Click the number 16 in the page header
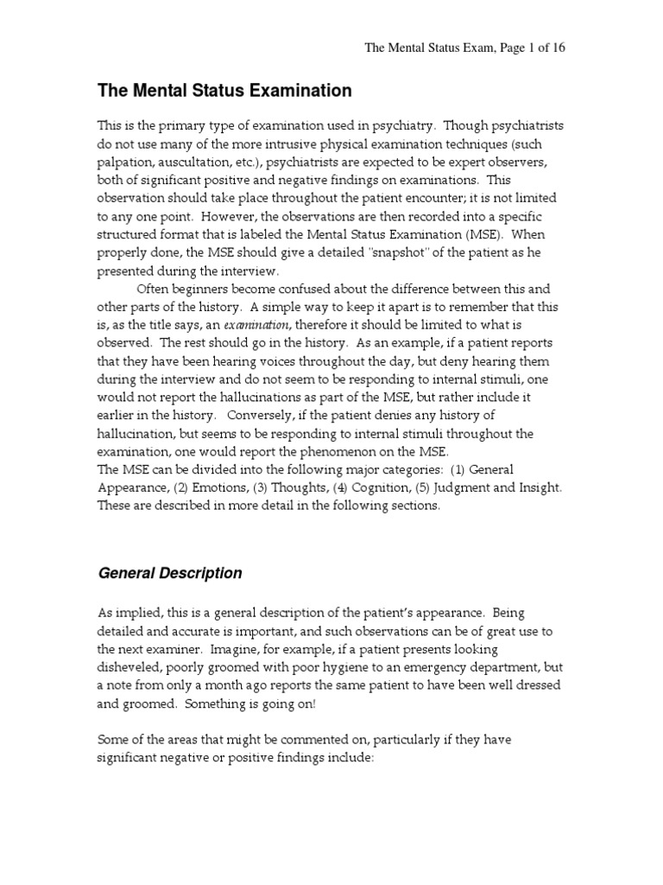click(x=557, y=48)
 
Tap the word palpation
click(x=123, y=161)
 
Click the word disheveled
click(x=134, y=668)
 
